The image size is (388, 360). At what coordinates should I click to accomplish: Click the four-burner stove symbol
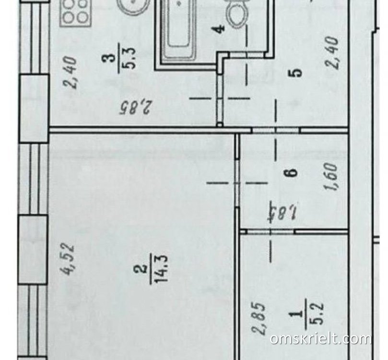click(x=76, y=12)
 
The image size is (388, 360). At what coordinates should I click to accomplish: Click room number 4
click(x=220, y=29)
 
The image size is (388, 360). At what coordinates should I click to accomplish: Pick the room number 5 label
click(x=296, y=73)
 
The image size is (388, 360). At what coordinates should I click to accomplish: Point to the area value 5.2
click(x=317, y=314)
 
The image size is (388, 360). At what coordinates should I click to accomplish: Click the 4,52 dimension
click(x=67, y=259)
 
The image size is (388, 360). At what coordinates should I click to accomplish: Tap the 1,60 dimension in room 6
click(x=331, y=177)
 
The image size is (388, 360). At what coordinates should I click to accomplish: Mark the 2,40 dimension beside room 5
click(x=332, y=52)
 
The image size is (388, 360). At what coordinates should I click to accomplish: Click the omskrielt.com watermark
click(x=321, y=338)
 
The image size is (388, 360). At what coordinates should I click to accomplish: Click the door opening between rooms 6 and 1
click(x=270, y=232)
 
